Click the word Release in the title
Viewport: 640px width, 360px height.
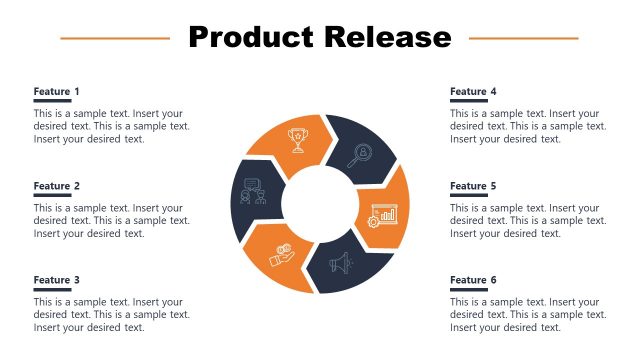386,38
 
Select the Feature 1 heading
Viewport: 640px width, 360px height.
57,91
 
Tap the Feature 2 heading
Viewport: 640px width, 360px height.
57,186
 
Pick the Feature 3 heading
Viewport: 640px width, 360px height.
57,280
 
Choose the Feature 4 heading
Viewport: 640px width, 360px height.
473,91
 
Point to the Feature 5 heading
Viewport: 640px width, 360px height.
473,186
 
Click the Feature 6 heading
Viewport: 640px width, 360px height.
473,280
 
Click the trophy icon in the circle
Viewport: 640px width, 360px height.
297,140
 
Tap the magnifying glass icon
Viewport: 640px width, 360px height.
361,154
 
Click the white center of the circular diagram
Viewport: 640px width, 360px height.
320,205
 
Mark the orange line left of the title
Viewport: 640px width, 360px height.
115,39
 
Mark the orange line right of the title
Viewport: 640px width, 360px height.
523,39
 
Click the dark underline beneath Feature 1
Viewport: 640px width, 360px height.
52,101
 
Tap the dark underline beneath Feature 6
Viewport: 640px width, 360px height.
468,290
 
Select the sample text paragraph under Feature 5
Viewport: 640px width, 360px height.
527,221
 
